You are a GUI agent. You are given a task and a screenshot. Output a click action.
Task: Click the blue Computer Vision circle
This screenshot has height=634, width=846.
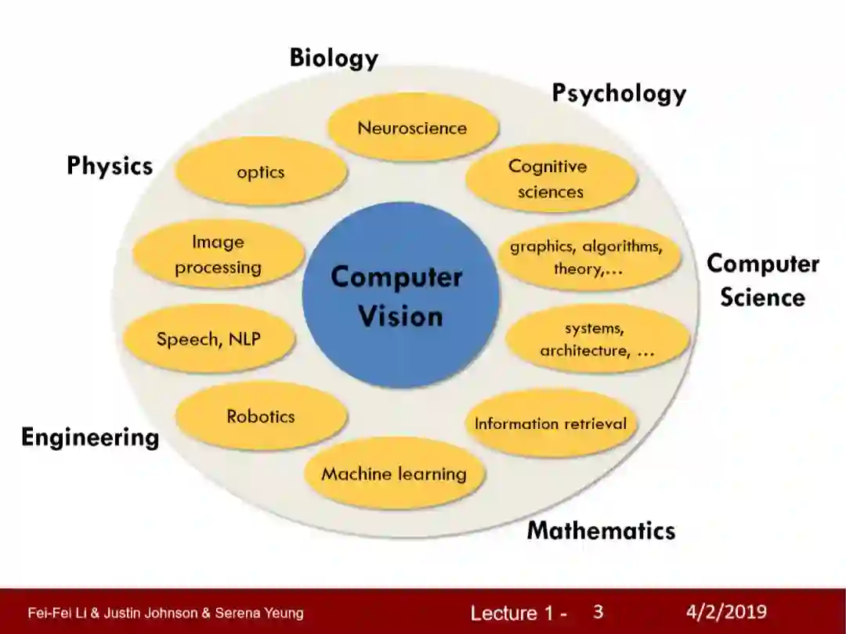[x=400, y=295]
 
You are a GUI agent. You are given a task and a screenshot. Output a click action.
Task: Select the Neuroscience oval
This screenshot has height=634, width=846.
[x=413, y=128]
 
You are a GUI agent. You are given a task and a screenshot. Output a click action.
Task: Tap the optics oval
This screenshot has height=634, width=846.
[x=261, y=171]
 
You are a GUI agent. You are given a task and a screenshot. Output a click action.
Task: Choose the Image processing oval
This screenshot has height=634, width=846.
[x=218, y=255]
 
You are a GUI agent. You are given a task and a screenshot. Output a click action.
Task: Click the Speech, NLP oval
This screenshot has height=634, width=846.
[x=209, y=339]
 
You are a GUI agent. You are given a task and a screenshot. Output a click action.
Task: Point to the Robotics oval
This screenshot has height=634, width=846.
[x=261, y=416]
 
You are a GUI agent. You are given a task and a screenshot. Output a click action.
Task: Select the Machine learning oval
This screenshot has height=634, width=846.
[x=394, y=474]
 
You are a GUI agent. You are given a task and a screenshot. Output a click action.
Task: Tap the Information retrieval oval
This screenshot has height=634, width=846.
[x=551, y=423]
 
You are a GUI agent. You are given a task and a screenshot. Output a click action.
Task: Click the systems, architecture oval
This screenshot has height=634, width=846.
[x=597, y=339]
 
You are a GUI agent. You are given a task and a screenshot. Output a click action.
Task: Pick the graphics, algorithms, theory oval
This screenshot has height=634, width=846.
[x=587, y=258]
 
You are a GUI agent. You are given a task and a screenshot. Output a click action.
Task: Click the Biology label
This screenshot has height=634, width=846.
[x=334, y=58]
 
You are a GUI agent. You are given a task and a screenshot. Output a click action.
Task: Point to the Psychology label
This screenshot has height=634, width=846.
[x=619, y=92]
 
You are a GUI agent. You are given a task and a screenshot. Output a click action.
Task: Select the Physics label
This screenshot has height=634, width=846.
[x=110, y=166]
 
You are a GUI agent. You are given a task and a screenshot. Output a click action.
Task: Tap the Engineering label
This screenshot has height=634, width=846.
[x=90, y=436]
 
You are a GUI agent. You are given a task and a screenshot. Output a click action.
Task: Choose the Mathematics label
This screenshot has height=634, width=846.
[x=601, y=530]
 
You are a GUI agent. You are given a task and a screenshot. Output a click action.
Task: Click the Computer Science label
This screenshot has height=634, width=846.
[x=763, y=280]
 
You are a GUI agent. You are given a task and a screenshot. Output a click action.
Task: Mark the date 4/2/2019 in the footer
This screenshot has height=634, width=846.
[x=726, y=611]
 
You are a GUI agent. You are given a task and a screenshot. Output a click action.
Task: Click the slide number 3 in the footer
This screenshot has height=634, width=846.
[x=598, y=611]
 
